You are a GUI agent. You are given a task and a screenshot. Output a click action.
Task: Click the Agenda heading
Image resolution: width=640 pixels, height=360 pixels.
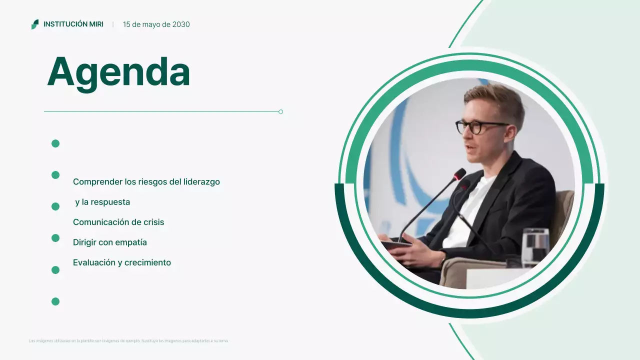[x=118, y=72]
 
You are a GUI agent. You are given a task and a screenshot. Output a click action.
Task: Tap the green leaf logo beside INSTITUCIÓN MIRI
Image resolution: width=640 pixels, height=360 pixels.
[x=35, y=24]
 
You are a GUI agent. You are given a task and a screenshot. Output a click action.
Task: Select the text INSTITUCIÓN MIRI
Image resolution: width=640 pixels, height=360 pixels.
[x=73, y=24]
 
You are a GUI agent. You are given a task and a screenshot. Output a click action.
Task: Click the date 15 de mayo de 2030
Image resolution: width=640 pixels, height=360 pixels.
[x=156, y=24]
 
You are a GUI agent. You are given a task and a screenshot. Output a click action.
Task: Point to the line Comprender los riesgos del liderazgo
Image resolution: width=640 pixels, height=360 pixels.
[x=146, y=182]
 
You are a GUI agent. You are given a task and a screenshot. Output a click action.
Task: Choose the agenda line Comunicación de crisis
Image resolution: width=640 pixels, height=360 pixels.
[x=118, y=222]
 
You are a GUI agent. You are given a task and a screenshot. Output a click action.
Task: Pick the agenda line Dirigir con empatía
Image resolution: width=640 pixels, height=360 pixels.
[x=110, y=242]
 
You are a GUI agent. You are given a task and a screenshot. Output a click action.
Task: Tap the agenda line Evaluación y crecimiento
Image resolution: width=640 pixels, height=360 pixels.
[x=122, y=262]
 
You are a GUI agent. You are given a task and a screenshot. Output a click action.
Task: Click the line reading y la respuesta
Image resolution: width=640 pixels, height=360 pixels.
[x=102, y=202]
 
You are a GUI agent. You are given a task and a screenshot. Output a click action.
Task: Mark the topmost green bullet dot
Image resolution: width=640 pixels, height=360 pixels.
[x=55, y=143]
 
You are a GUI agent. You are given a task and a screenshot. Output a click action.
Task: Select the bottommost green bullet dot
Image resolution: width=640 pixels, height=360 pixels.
[x=55, y=301]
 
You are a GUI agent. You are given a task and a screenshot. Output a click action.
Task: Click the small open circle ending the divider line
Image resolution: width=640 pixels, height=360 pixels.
[x=281, y=111]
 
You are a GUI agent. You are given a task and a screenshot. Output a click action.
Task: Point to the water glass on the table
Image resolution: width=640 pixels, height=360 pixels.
[x=535, y=246]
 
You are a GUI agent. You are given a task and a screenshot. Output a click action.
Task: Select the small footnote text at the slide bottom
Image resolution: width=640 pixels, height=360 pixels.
[x=128, y=341]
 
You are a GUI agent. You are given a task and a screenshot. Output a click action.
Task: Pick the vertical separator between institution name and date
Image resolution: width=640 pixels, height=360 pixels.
[x=113, y=24]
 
